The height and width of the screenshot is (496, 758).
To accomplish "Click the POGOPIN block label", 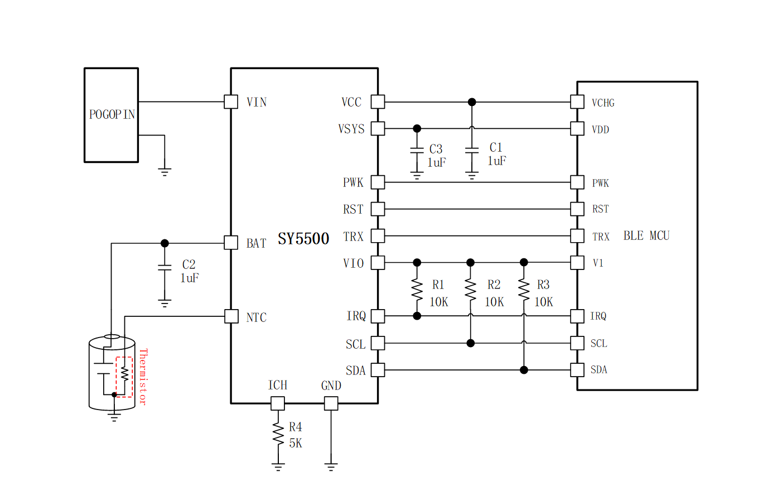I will (x=112, y=114).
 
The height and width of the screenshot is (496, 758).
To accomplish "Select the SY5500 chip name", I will (x=303, y=239).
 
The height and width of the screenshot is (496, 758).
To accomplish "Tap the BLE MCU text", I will (x=646, y=235).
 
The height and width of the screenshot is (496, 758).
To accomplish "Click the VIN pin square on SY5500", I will (x=231, y=102).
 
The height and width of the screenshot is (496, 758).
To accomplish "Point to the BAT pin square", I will (x=231, y=243).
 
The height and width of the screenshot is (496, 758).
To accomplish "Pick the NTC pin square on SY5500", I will (x=231, y=316).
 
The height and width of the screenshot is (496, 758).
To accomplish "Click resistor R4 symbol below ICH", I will (x=278, y=434).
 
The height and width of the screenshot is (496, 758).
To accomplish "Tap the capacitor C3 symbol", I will (x=417, y=151).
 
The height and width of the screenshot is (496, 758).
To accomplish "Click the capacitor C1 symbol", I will (x=472, y=151).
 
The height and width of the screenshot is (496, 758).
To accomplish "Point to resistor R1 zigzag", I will (x=417, y=289).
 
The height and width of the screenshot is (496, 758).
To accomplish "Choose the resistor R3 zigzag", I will (x=523, y=289).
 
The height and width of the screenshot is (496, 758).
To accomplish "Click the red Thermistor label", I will (x=143, y=377).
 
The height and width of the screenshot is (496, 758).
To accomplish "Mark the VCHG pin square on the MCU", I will (x=577, y=102).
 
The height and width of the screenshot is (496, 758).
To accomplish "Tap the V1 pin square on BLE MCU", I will (x=577, y=262).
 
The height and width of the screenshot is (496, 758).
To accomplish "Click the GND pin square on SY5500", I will (x=331, y=403).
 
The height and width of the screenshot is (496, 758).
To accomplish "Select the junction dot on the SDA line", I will (x=524, y=370).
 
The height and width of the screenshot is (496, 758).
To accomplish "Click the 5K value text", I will (x=296, y=444).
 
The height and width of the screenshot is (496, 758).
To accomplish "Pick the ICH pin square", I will (x=277, y=403).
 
